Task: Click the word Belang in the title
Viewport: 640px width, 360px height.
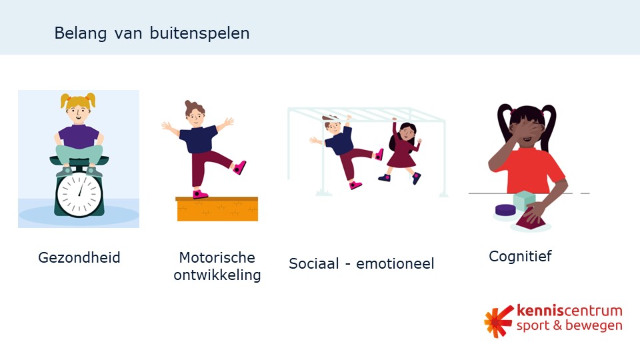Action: pos(75,33)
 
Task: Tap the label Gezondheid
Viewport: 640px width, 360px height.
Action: pos(79,257)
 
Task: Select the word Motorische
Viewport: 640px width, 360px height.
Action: pos(217,257)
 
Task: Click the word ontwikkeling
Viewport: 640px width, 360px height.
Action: pos(217,275)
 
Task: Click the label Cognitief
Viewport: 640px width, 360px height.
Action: pos(520,256)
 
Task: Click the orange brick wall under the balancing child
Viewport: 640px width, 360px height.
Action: pos(217,210)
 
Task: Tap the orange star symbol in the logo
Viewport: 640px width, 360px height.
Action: pos(498,321)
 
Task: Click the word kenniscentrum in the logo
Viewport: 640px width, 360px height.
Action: pos(569,311)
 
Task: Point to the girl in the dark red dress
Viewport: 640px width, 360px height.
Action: pos(403,153)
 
